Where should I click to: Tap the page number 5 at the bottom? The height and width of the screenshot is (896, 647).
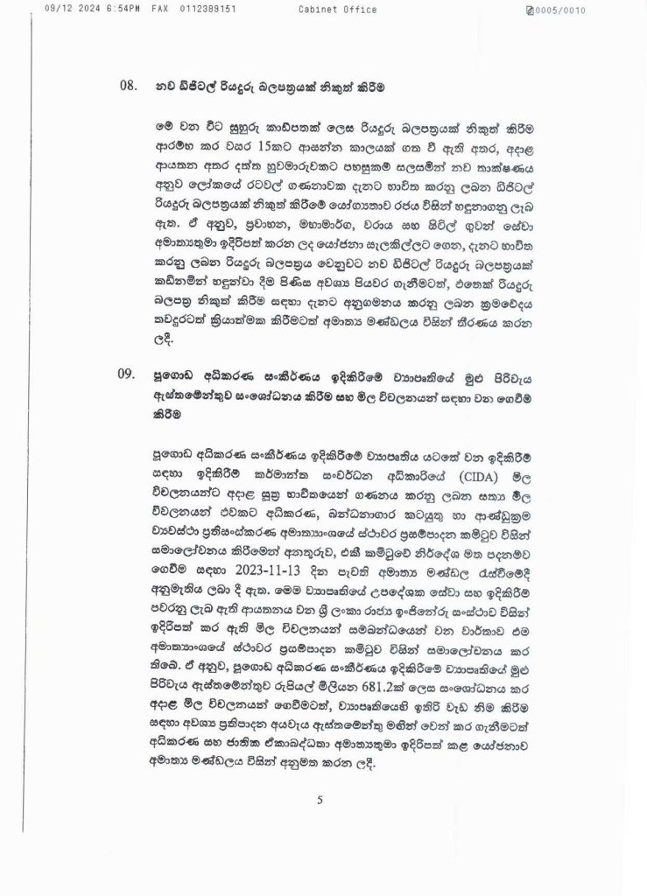tap(321, 798)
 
